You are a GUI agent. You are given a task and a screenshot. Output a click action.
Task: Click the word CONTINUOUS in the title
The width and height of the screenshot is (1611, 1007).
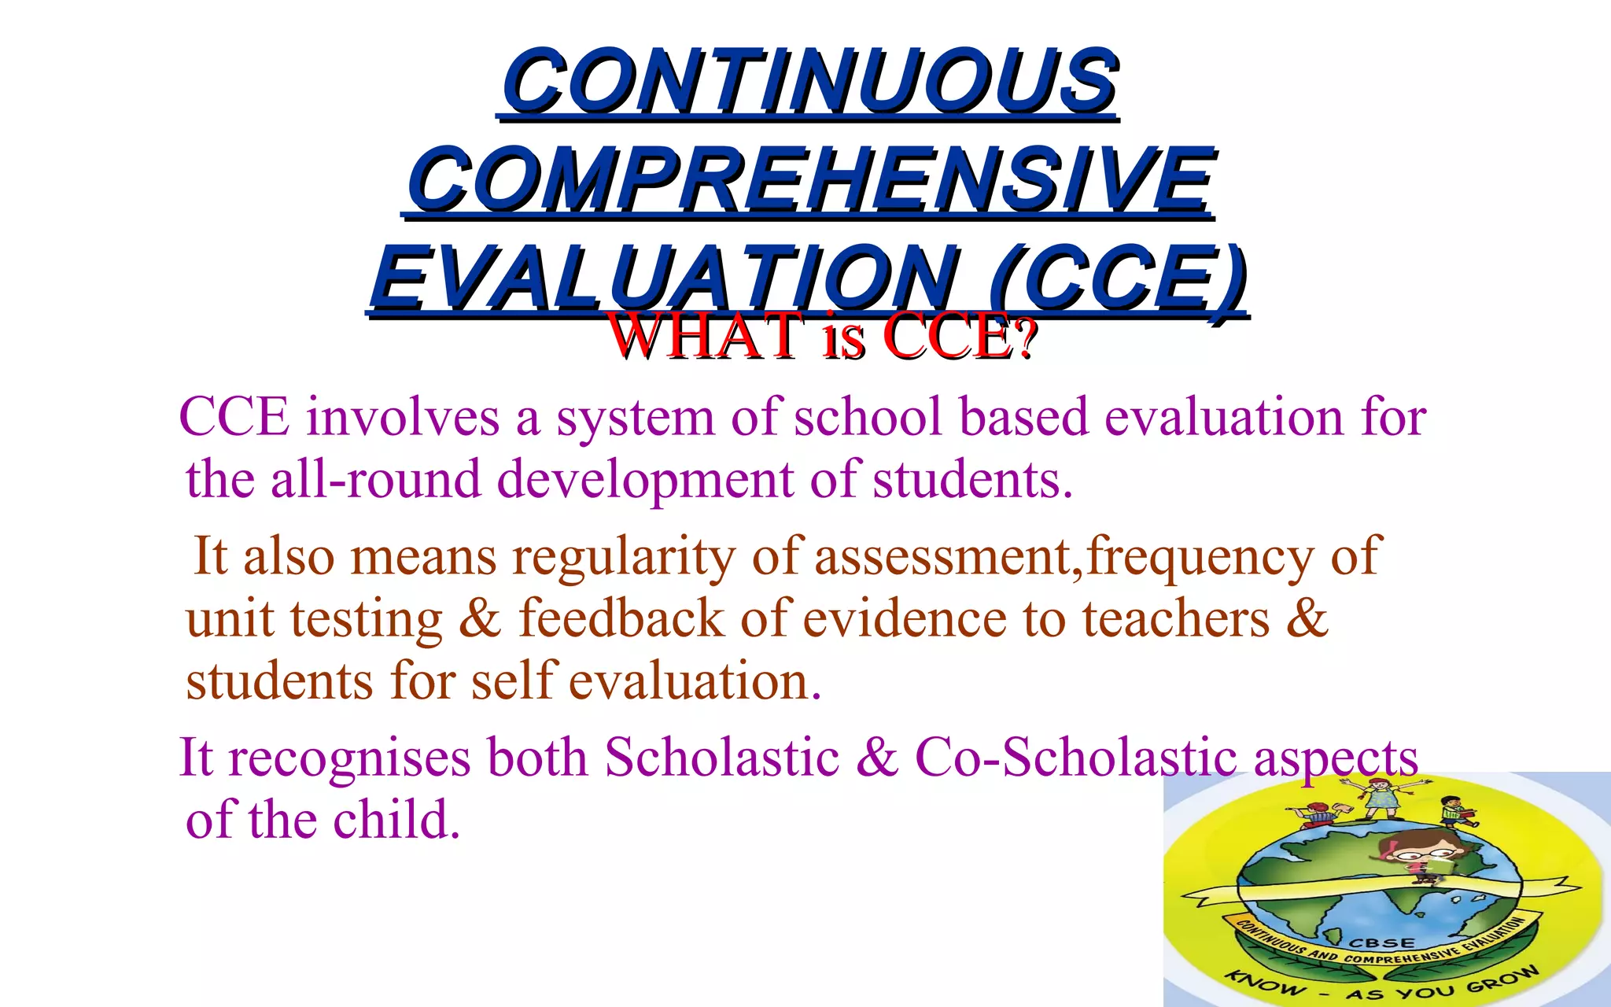(x=809, y=80)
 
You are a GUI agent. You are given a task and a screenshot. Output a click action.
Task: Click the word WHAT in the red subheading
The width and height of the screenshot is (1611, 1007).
(x=705, y=337)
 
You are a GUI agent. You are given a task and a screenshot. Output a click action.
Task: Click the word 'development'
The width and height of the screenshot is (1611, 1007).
(x=645, y=481)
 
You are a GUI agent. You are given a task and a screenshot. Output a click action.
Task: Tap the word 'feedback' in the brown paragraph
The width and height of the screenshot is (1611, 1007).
(x=621, y=618)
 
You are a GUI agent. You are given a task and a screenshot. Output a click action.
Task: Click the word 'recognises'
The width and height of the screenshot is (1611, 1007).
(x=349, y=758)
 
